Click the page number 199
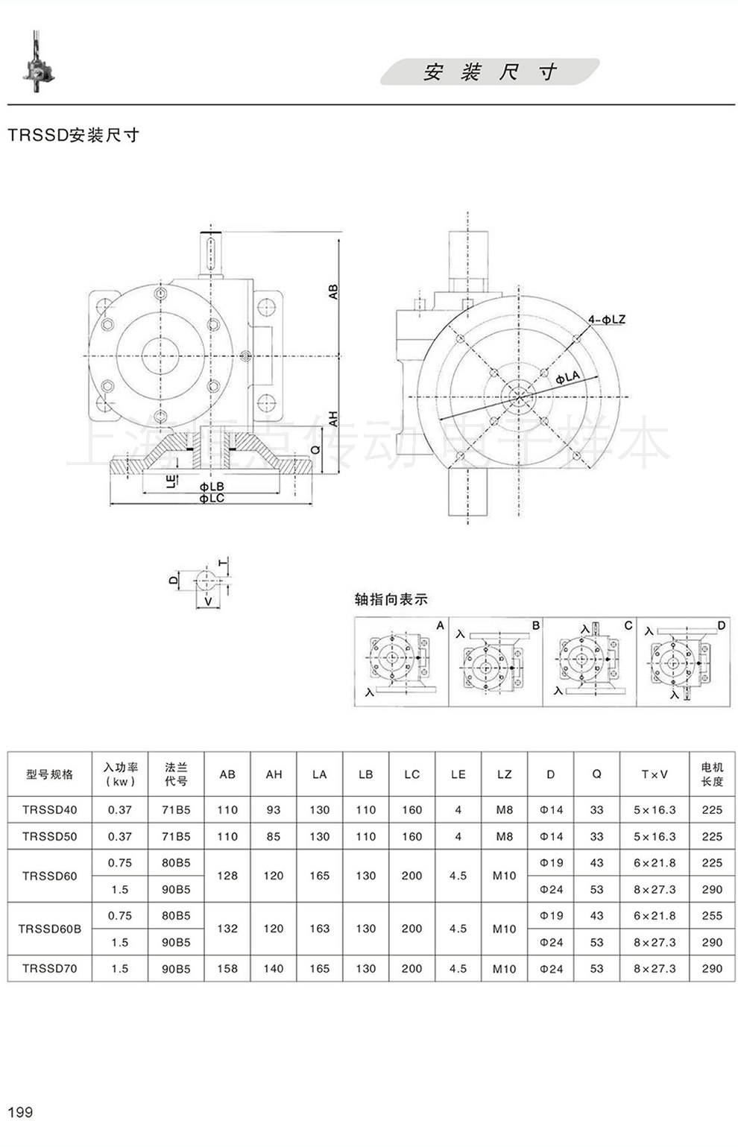(x=20, y=1112)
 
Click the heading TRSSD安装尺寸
(x=73, y=135)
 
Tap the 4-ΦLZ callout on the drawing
(x=606, y=320)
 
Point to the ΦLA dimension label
(x=567, y=378)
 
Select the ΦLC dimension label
(x=212, y=498)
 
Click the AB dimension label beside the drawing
(x=333, y=291)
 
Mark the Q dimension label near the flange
(x=316, y=450)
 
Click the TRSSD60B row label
(x=50, y=929)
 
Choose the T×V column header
(x=655, y=774)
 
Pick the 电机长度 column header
(x=712, y=774)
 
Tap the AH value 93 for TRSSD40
(x=274, y=809)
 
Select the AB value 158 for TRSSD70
(x=227, y=968)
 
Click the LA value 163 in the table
(x=319, y=929)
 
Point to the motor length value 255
(x=712, y=915)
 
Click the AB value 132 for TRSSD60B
(x=227, y=929)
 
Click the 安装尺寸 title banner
(x=490, y=72)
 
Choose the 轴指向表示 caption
(x=391, y=599)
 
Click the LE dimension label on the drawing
(x=171, y=480)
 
